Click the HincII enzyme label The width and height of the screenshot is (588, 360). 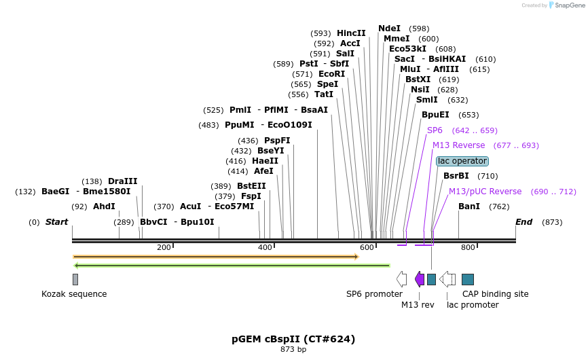click(x=351, y=33)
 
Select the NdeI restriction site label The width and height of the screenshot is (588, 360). click(x=389, y=29)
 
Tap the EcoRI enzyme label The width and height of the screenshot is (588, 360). click(x=331, y=74)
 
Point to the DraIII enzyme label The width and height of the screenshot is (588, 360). click(x=122, y=181)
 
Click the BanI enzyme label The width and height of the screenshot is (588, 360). click(x=469, y=206)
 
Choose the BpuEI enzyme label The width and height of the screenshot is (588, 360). click(x=435, y=115)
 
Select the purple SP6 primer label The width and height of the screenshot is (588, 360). click(x=435, y=130)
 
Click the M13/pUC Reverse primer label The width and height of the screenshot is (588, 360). click(x=485, y=192)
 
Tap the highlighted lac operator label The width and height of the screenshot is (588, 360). click(x=462, y=161)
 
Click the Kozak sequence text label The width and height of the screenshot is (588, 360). click(x=74, y=294)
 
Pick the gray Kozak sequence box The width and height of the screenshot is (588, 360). click(x=75, y=279)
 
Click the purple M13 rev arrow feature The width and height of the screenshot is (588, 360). click(x=420, y=279)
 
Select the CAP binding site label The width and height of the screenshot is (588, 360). click(x=495, y=294)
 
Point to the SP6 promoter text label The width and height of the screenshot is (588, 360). click(x=374, y=294)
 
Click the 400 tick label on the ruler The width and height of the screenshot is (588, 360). click(x=265, y=247)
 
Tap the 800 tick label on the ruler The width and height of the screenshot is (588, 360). click(x=468, y=247)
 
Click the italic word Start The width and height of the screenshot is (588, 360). click(x=56, y=222)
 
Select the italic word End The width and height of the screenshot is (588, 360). click(x=523, y=222)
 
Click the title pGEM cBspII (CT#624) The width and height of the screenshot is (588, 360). click(x=293, y=339)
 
